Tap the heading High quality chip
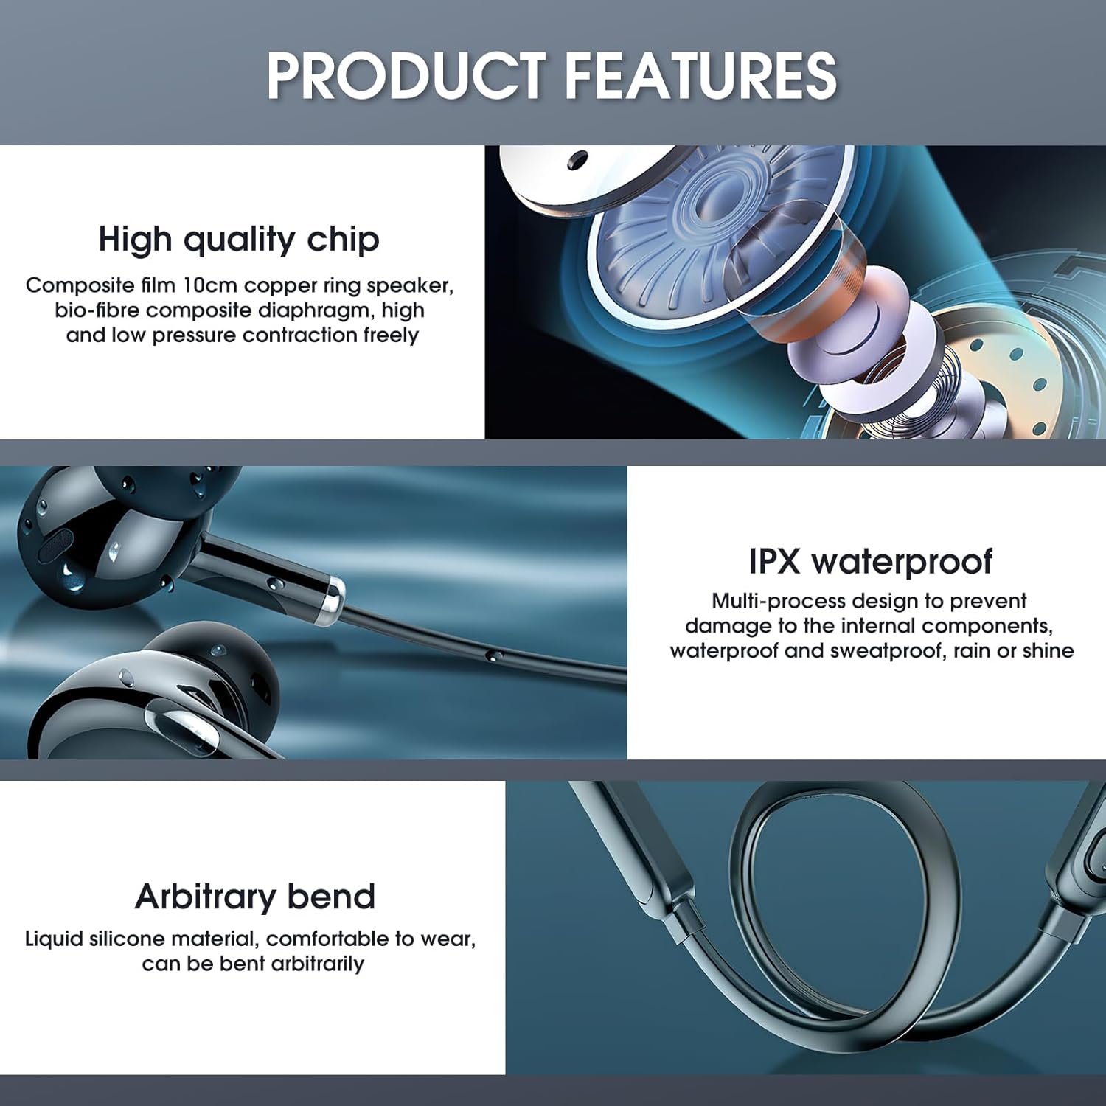(239, 240)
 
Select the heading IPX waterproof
(871, 562)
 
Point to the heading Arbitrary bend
(255, 897)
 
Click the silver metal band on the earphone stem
(332, 602)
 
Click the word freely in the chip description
(391, 335)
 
